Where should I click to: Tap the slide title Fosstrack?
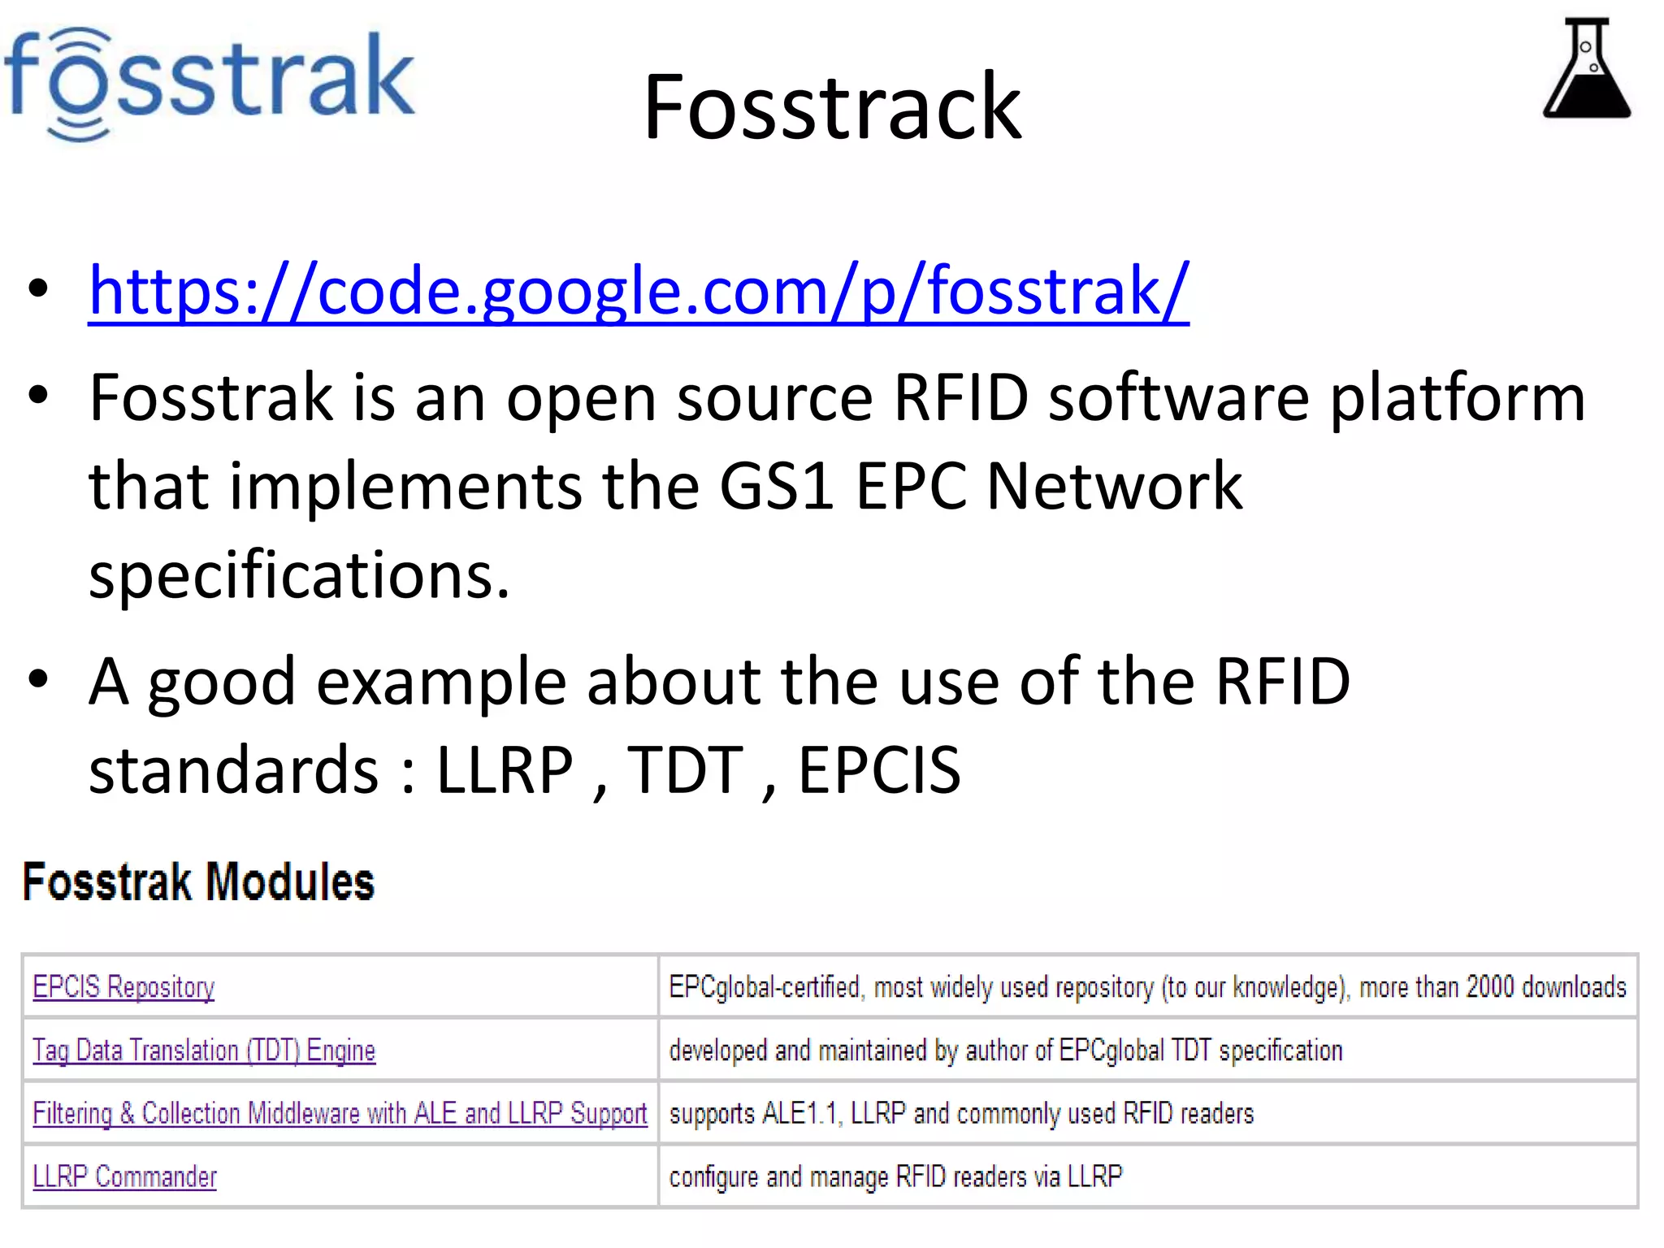832,107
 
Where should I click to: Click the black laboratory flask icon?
1586,69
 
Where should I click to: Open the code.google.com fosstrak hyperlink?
639,290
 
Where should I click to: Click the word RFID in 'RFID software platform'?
960,398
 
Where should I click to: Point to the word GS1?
777,486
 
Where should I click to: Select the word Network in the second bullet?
1114,486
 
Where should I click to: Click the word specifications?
299,575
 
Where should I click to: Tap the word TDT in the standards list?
685,770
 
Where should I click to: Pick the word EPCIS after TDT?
879,770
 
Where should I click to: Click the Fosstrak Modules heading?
199,882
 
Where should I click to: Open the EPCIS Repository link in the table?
123,987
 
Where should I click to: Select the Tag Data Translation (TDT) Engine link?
204,1051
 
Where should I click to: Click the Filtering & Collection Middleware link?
340,1113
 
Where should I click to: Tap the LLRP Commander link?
124,1176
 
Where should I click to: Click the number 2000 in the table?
1490,987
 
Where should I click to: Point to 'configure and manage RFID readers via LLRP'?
895,1176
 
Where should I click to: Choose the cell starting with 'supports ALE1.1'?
961,1113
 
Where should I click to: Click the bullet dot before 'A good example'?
37,679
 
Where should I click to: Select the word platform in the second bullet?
1457,398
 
